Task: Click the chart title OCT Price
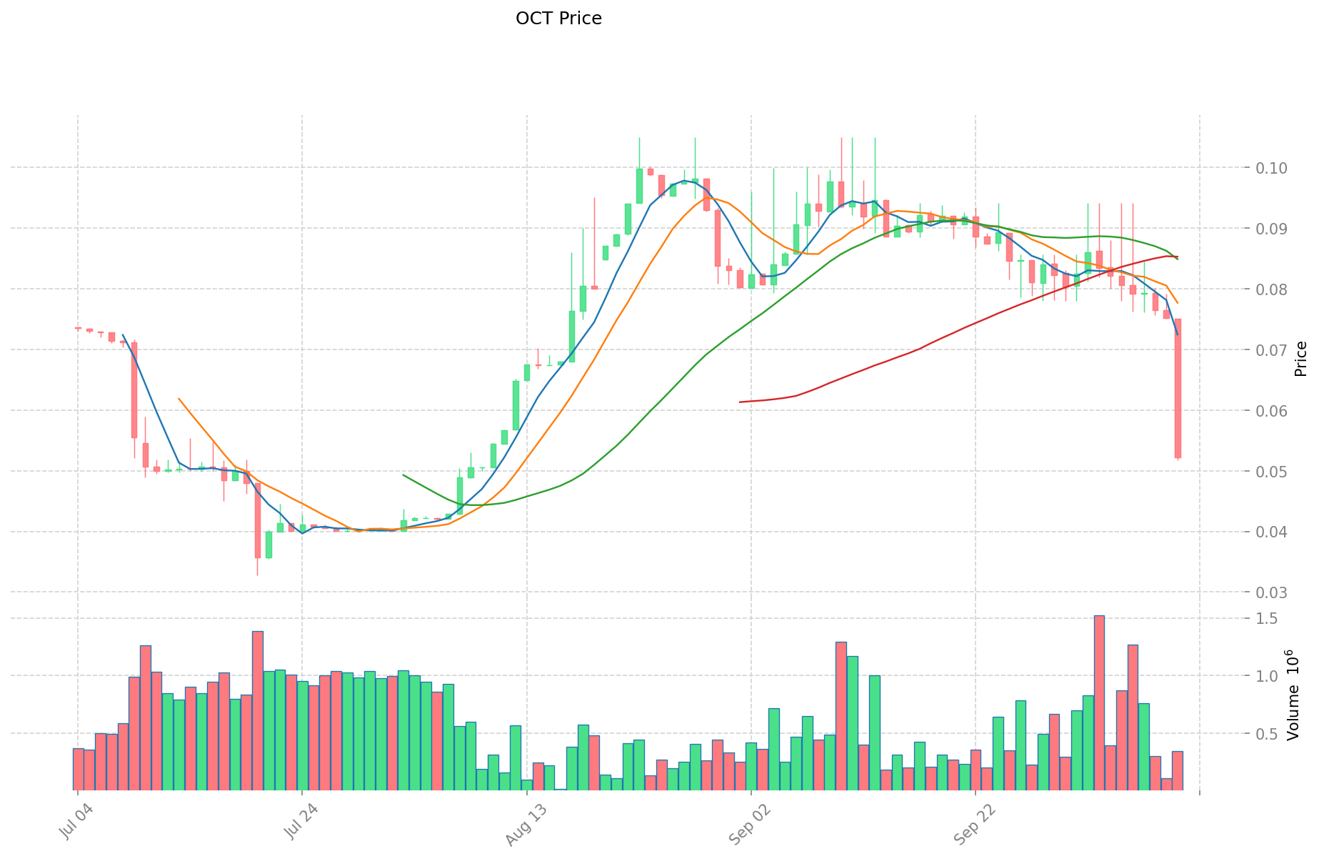tap(558, 19)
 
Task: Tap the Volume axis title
tap(1293, 695)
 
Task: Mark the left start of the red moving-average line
tap(741, 402)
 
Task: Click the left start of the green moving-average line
tap(403, 475)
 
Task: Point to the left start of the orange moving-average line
tap(179, 399)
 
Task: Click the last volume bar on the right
tap(1178, 770)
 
